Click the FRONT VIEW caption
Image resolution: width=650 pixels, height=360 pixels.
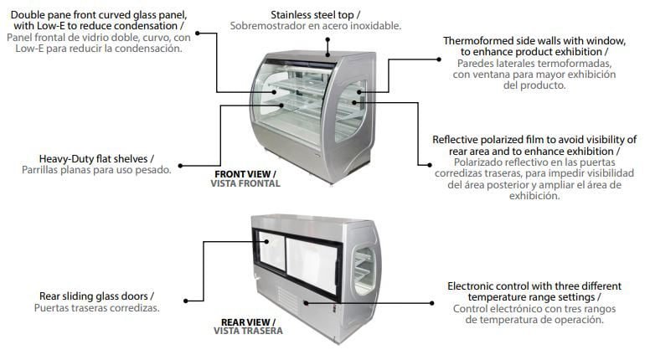[x=245, y=174]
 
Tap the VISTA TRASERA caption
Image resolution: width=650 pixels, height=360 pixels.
[x=248, y=331]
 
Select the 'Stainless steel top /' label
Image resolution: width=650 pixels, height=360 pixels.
[x=315, y=15]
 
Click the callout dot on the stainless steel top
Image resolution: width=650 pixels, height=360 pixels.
[x=328, y=40]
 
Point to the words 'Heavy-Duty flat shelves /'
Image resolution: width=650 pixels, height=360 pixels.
[x=96, y=159]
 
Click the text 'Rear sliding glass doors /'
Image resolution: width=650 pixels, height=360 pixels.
[x=96, y=296]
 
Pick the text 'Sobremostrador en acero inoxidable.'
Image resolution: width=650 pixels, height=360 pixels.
[x=316, y=26]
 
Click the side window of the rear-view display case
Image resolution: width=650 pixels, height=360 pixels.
[x=364, y=270]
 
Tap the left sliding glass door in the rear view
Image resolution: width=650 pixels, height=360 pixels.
[x=271, y=250]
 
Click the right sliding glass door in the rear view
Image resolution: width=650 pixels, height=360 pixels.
[x=312, y=265]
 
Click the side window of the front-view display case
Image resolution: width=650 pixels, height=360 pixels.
[x=349, y=111]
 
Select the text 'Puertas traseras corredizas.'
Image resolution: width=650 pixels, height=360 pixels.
[x=96, y=308]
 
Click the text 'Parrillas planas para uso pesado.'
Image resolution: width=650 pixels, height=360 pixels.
[x=96, y=170]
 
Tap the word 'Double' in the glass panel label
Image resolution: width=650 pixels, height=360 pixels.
[x=26, y=15]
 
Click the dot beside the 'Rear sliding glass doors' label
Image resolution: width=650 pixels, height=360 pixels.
[x=186, y=301]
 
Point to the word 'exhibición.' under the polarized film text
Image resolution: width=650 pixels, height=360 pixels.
[x=534, y=196]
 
